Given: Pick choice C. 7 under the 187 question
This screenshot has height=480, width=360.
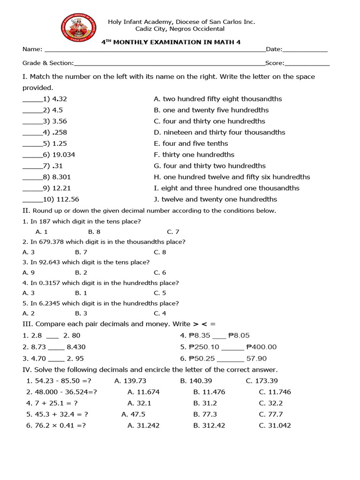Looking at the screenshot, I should click(x=173, y=232).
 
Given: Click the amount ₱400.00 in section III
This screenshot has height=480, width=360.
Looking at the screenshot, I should click(x=261, y=347).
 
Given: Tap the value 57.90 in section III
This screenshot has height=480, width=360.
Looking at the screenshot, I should click(x=256, y=359).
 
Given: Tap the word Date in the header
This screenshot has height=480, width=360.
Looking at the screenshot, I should click(x=274, y=49).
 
